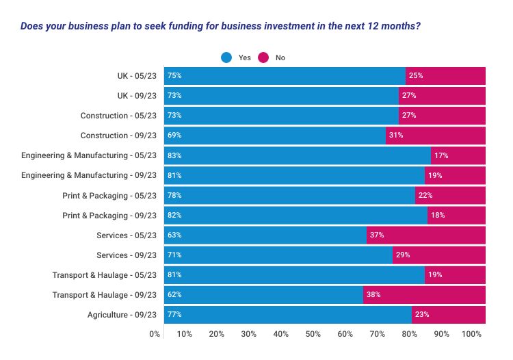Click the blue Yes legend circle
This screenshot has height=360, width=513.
(x=226, y=57)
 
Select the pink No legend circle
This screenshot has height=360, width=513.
(x=263, y=57)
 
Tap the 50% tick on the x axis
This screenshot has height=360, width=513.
(x=313, y=334)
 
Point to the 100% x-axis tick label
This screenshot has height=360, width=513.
(x=471, y=334)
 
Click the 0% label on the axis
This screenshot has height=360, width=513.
(x=155, y=334)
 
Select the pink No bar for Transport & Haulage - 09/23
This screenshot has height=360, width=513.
(x=424, y=295)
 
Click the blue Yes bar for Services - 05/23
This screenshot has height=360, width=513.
(x=265, y=235)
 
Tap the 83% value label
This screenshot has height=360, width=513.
(x=174, y=155)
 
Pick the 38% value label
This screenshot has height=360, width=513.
(x=373, y=294)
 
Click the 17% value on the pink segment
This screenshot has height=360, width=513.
(x=441, y=155)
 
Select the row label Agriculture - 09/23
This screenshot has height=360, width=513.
(x=122, y=315)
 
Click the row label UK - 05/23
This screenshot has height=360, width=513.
(x=137, y=76)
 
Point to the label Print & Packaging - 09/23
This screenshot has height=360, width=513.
(x=109, y=216)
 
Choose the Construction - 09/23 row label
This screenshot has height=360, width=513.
(x=118, y=136)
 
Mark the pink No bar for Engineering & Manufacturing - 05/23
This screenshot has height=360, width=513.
(x=458, y=156)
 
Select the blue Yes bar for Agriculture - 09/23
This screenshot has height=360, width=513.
(x=288, y=315)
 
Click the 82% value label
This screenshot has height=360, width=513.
(x=174, y=215)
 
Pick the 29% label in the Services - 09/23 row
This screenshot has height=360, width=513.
(x=403, y=255)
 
